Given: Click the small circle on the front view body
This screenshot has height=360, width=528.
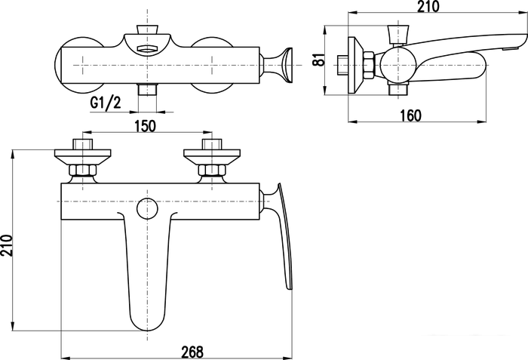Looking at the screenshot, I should pos(148,208).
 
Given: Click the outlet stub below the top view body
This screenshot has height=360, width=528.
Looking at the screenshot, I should pos(148,91).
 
